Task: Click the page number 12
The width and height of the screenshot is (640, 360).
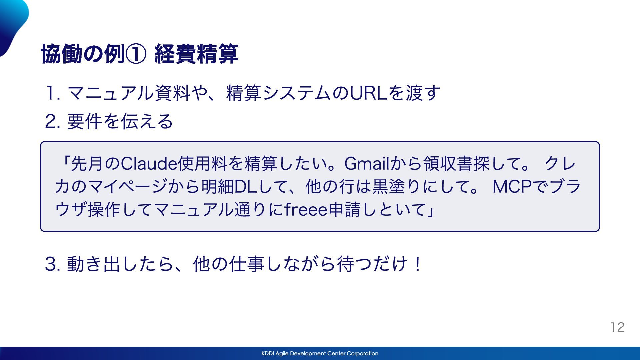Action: tap(618, 327)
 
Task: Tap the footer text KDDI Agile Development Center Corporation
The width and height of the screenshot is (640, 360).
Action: tap(320, 353)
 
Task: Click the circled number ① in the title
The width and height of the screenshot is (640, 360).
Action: tap(136, 54)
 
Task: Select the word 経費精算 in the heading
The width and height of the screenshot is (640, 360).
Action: tap(196, 54)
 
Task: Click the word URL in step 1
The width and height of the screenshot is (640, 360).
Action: tap(369, 93)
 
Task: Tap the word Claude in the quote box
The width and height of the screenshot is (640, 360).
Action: tap(149, 164)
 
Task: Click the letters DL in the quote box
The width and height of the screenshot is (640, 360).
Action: tap(245, 187)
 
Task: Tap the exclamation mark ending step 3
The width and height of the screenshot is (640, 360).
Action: tap(417, 264)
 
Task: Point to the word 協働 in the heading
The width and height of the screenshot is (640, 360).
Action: tap(62, 54)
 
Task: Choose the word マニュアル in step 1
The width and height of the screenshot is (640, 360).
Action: tap(111, 93)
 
